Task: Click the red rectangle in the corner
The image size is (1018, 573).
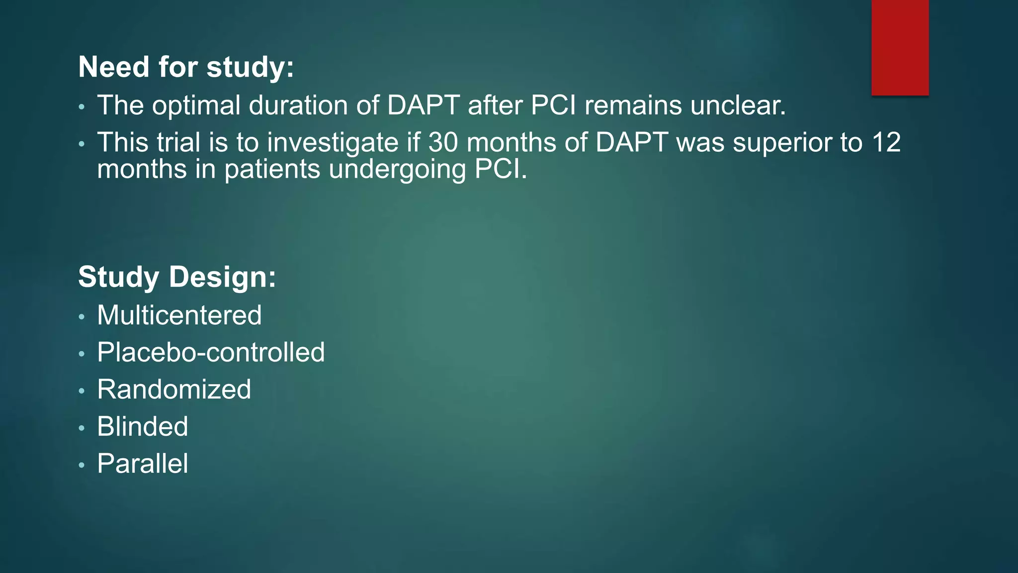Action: click(900, 47)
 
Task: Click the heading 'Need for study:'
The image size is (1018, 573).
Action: click(186, 67)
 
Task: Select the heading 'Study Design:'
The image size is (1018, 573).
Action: click(177, 277)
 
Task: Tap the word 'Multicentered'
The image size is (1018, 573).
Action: click(179, 315)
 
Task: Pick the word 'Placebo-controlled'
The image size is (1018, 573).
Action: click(211, 353)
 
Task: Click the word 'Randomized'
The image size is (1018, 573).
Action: click(174, 389)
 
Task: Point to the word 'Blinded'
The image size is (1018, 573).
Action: click(143, 427)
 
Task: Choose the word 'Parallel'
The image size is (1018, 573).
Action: click(143, 464)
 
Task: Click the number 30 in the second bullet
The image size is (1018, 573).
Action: click(443, 143)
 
